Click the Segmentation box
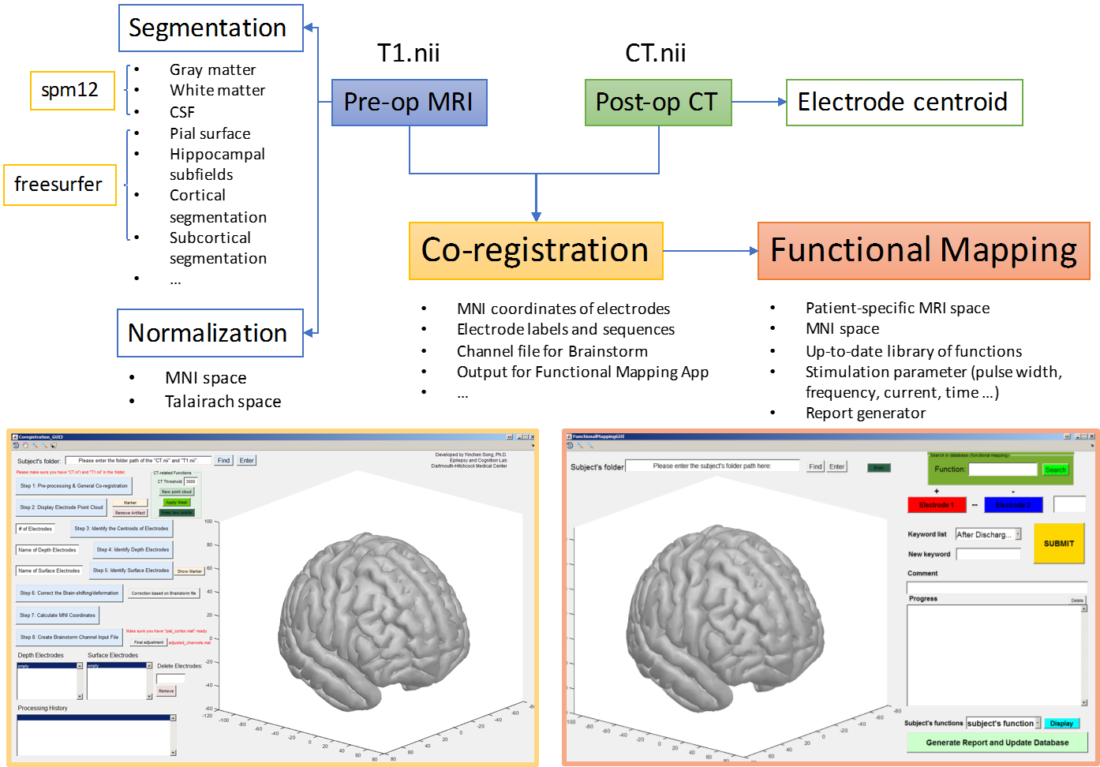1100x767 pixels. [x=211, y=28]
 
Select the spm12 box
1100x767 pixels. [x=72, y=91]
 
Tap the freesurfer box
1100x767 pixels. [x=60, y=185]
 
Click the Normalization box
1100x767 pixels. [x=210, y=333]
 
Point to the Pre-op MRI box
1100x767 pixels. [x=409, y=103]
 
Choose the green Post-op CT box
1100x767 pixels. [x=657, y=103]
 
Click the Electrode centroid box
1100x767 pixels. [x=904, y=103]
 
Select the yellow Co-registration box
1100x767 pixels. [x=536, y=251]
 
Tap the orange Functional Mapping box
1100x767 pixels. [x=923, y=251]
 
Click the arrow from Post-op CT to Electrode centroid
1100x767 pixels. [x=758, y=102]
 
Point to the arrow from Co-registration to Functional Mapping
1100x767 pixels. [x=710, y=251]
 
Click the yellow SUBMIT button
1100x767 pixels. [x=1059, y=544]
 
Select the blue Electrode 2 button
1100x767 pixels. [x=1013, y=505]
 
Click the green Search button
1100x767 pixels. [x=1055, y=470]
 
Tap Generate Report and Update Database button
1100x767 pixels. [x=997, y=743]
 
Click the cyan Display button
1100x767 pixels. [x=1061, y=724]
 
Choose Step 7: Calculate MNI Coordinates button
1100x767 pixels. [x=58, y=615]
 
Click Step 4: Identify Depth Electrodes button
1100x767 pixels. [x=133, y=550]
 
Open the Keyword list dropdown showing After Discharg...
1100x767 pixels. [x=988, y=534]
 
